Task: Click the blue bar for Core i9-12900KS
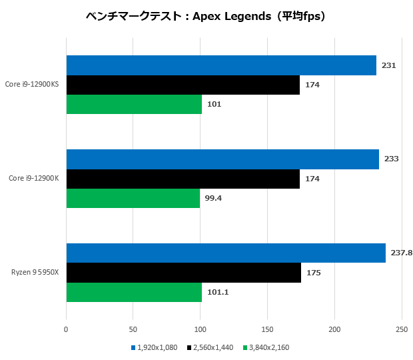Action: click(221, 65)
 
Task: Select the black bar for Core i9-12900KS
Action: click(183, 85)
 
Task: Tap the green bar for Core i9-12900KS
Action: click(133, 104)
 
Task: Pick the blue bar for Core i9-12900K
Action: click(222, 159)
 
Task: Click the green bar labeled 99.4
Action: click(133, 198)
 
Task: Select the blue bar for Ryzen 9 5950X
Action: click(226, 253)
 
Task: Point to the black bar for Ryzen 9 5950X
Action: click(183, 272)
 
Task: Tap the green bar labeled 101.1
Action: click(133, 291)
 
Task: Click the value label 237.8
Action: click(401, 253)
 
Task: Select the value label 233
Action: click(391, 159)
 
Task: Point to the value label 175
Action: click(312, 272)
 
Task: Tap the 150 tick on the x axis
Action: click(268, 329)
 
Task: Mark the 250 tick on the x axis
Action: click(402, 329)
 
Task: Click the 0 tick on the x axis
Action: click(66, 329)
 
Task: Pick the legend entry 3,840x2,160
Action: click(269, 347)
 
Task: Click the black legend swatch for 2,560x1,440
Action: click(190, 347)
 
